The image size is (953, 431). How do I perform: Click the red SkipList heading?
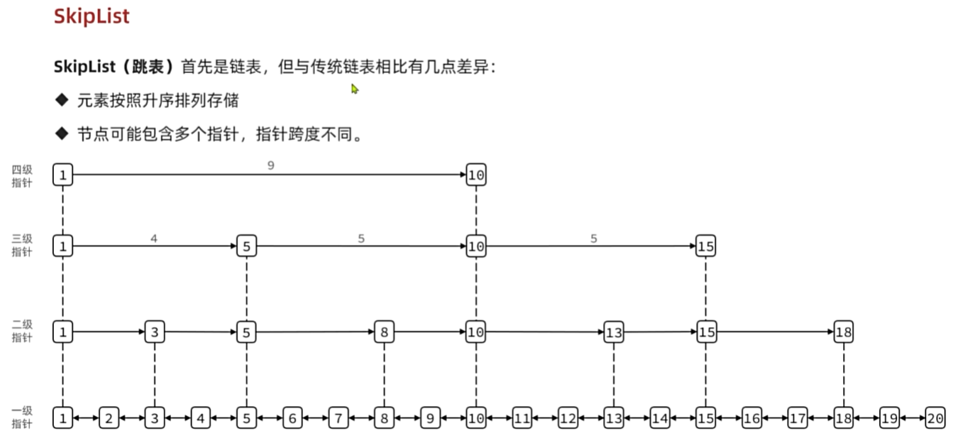tap(92, 16)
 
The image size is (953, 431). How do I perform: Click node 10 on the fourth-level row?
tap(476, 175)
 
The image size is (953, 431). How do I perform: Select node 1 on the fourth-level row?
tap(62, 175)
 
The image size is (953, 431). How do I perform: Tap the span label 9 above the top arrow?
tap(270, 165)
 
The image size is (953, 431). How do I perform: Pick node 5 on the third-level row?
tap(246, 246)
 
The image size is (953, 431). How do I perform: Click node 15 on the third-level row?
tap(705, 246)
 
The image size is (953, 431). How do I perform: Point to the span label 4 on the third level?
tap(154, 239)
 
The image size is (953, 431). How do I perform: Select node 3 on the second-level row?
tap(155, 332)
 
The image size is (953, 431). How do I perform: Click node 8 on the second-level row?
tap(384, 332)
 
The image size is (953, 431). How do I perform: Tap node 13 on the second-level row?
tap(614, 332)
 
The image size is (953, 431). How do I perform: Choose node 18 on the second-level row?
tap(843, 332)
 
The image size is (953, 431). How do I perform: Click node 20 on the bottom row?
tap(935, 418)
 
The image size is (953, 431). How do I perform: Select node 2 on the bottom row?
tap(109, 418)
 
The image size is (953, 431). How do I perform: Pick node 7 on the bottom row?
tap(338, 418)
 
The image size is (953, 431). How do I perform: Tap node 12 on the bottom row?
tap(568, 418)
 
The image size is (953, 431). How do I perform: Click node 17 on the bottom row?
tap(798, 418)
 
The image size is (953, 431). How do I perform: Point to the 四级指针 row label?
tap(21, 176)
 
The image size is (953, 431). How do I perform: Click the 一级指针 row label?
tap(21, 417)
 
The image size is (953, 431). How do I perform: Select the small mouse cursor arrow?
tap(355, 89)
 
